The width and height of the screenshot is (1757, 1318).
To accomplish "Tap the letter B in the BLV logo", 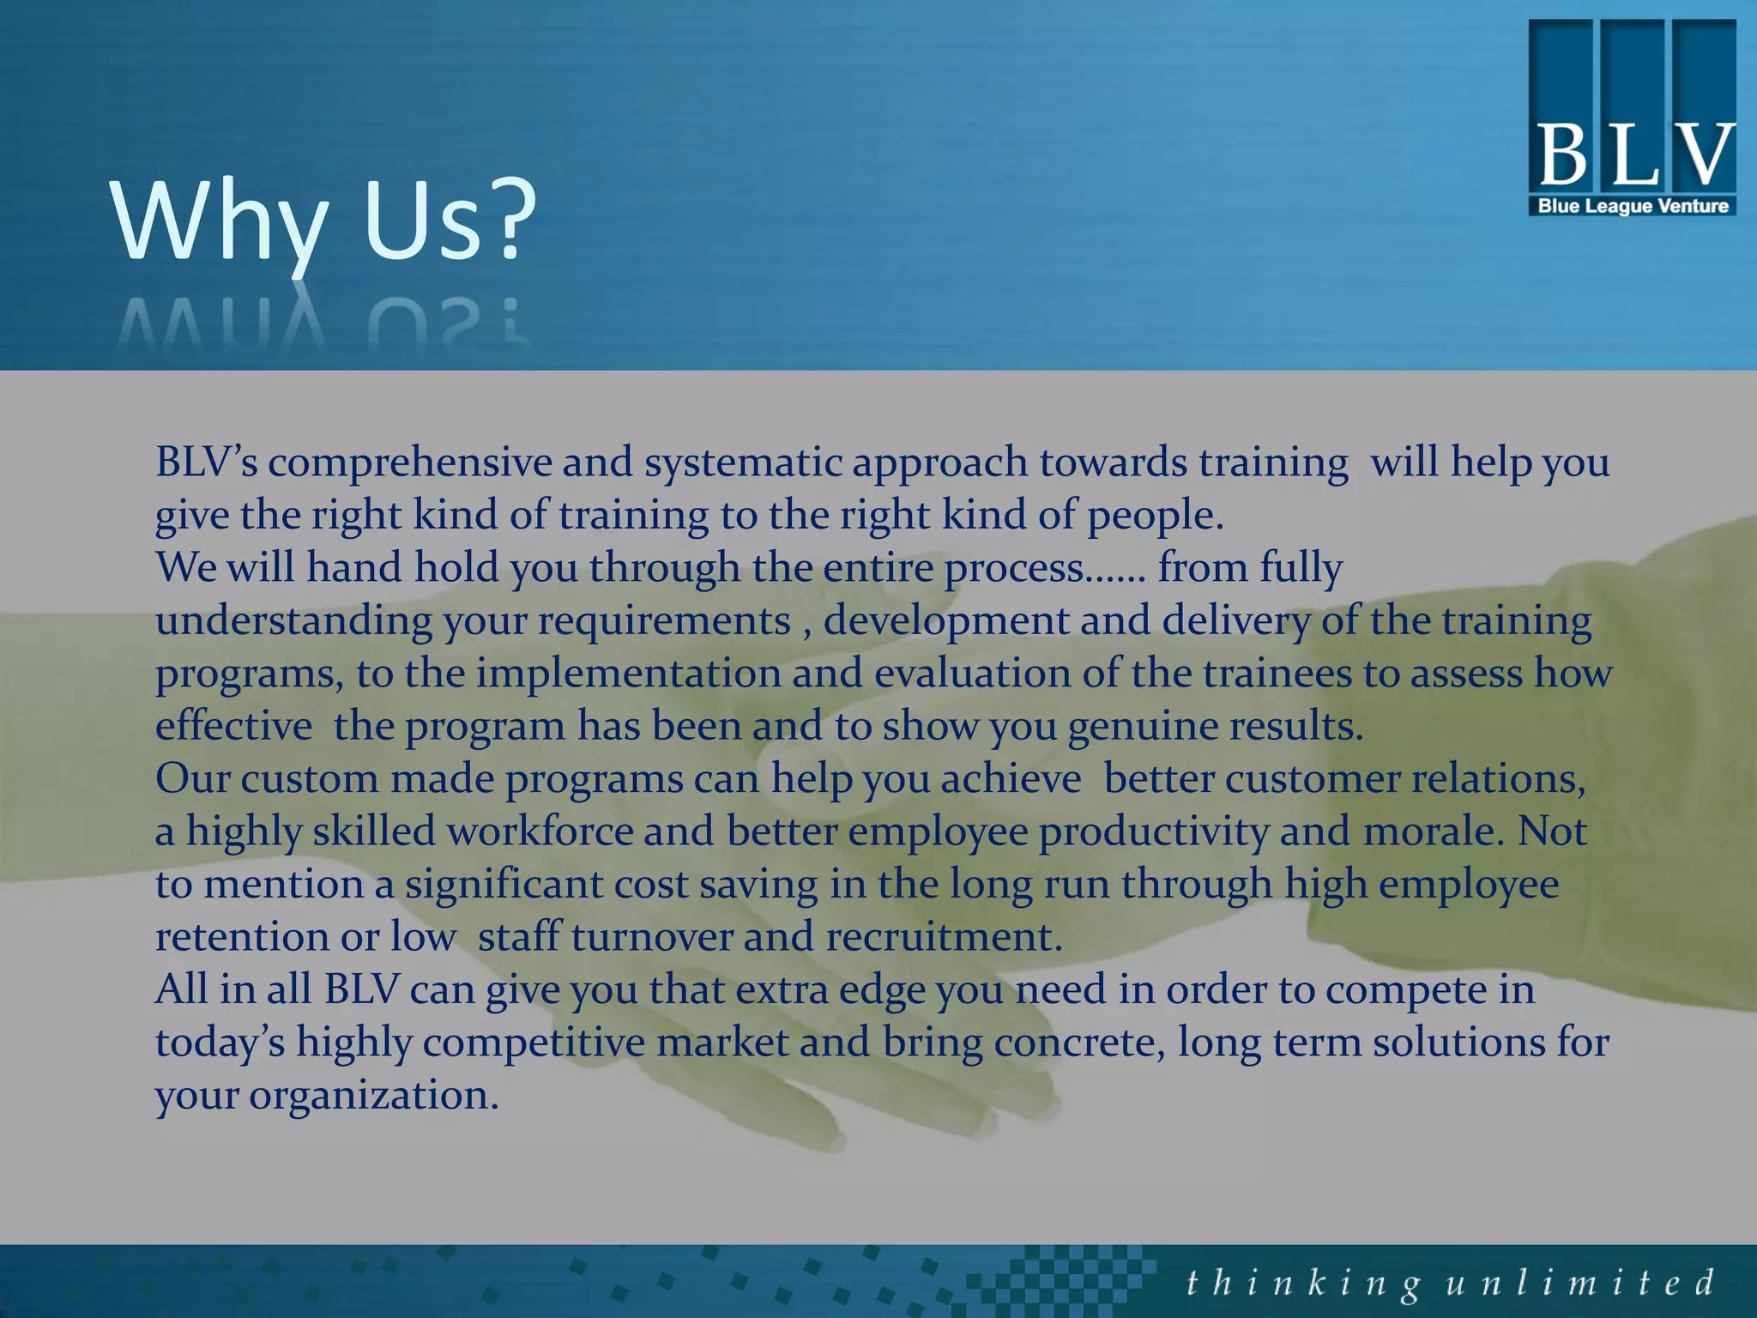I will (1563, 154).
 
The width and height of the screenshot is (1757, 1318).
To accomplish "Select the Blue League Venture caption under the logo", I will (1633, 206).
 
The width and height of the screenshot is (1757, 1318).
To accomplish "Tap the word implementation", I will (628, 674).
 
